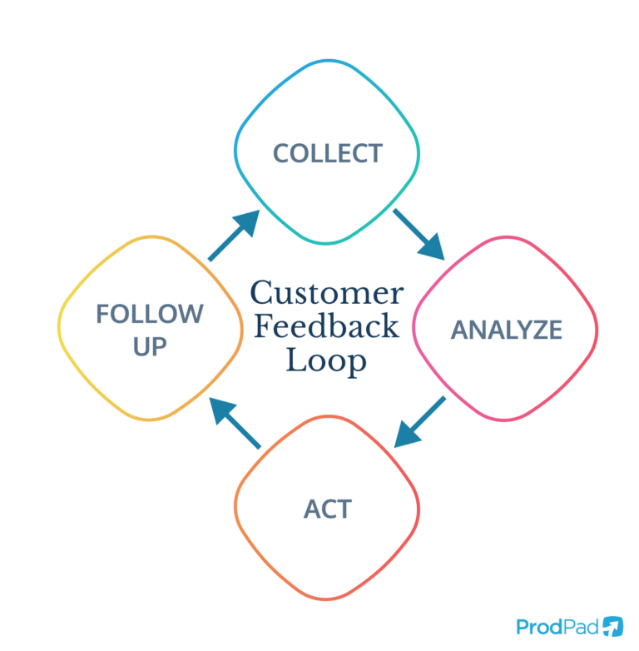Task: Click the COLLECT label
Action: point(328,153)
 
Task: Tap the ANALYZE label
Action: point(507,330)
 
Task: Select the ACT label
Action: point(328,509)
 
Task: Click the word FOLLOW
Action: point(150,314)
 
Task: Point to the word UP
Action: point(150,345)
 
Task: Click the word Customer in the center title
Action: point(327,294)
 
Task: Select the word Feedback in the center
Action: point(327,326)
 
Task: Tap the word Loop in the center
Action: point(327,360)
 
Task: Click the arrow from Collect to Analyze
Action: point(419,234)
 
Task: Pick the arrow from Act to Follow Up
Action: point(235,423)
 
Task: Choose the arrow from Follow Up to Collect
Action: point(235,235)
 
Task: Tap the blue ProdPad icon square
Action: point(613,626)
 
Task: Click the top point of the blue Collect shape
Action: point(329,61)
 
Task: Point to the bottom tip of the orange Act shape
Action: point(326,599)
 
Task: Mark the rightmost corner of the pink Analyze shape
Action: point(597,326)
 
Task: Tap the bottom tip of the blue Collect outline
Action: point(326,244)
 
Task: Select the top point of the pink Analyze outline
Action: point(506,237)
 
